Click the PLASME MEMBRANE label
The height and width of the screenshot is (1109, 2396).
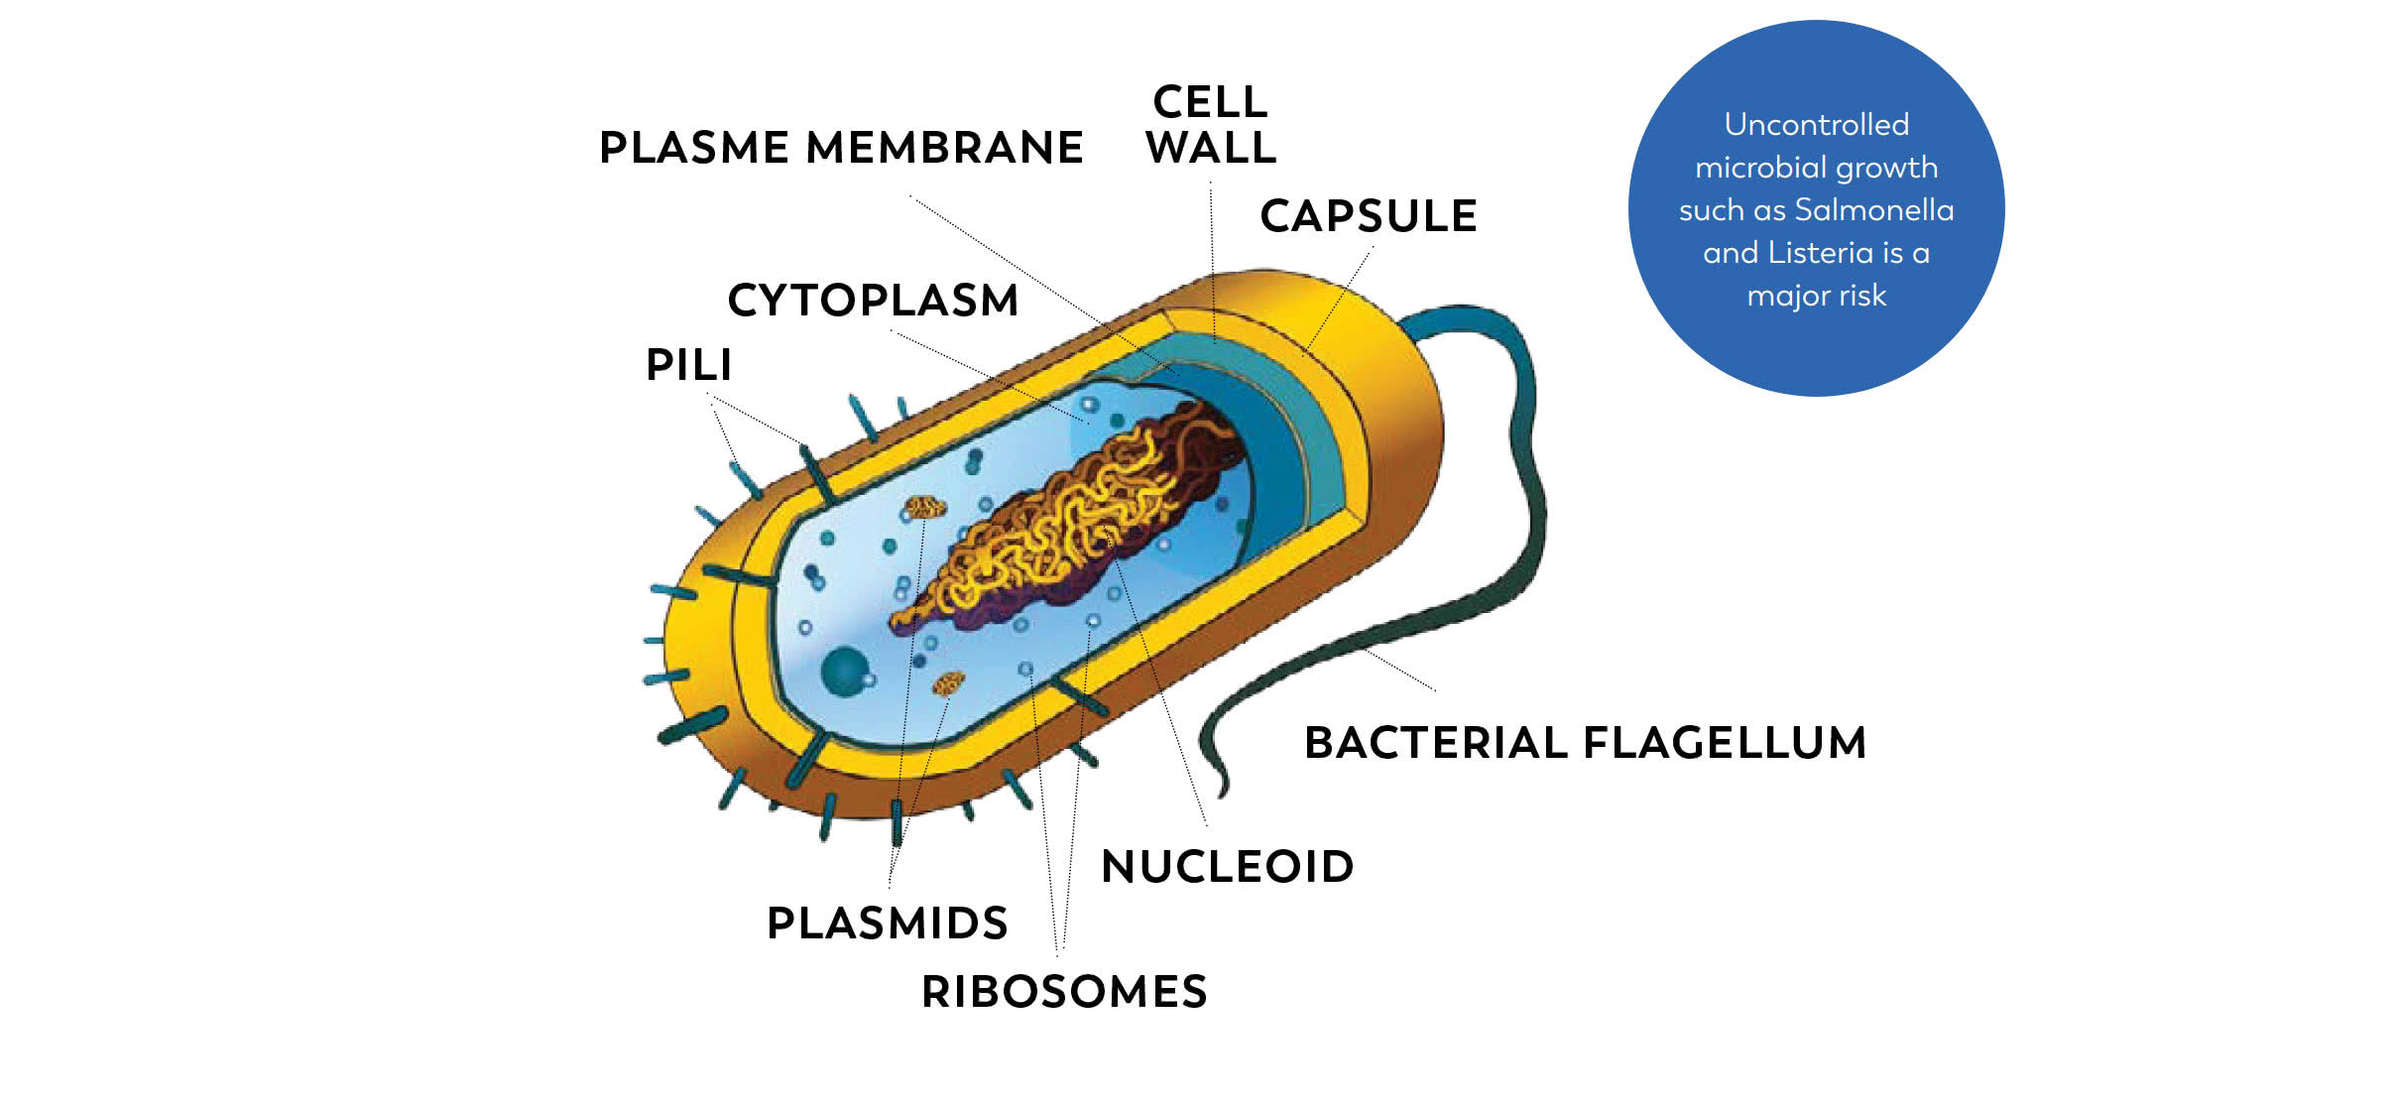[x=841, y=148]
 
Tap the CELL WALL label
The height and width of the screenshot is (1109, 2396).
[x=1210, y=125]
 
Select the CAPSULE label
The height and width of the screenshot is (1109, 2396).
[x=1369, y=216]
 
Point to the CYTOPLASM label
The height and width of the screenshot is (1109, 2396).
[x=873, y=301]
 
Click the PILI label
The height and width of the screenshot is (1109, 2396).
[x=688, y=365]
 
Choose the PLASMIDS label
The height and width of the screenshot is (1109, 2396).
[x=887, y=924]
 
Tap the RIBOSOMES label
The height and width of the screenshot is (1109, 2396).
[x=1064, y=992]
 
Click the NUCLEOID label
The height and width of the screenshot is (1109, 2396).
[x=1227, y=867]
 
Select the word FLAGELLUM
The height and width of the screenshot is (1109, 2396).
[x=1725, y=743]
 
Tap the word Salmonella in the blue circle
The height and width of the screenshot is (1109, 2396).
[x=1873, y=210]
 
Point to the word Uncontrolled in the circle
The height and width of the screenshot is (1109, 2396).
[x=1816, y=125]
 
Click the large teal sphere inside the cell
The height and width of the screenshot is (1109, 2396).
[x=844, y=672]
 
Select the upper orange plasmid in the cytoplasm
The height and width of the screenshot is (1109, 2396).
[x=925, y=508]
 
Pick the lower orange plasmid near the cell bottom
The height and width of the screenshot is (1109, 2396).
[x=948, y=682]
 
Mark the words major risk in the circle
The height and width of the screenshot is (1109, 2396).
[x=1816, y=296]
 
